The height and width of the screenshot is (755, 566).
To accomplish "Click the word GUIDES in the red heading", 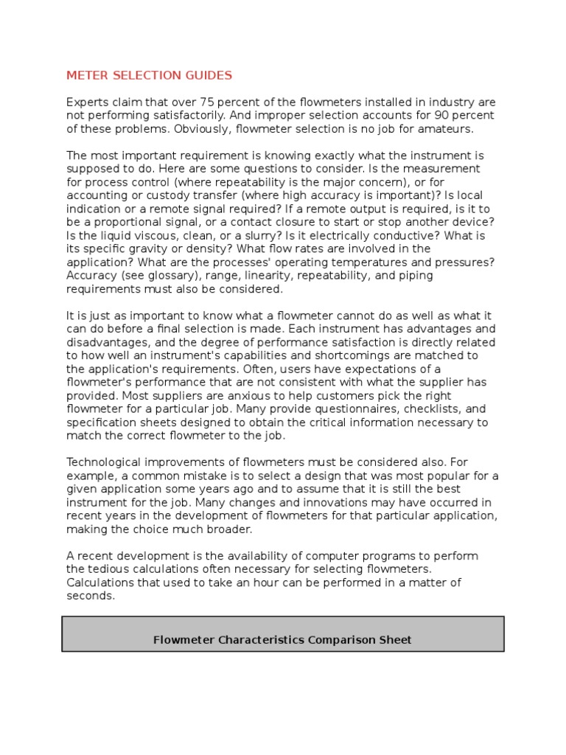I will click(x=207, y=75).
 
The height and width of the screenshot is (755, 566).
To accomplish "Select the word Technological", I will click(x=105, y=462).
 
